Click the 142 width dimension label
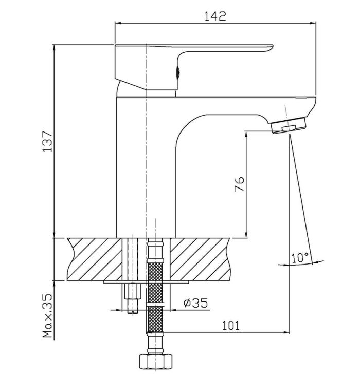(x=215, y=16)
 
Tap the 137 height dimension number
(x=47, y=142)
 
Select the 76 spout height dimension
(x=239, y=184)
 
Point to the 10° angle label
(x=300, y=257)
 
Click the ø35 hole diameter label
(x=195, y=303)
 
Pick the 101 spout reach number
(x=230, y=326)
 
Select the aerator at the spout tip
(x=289, y=125)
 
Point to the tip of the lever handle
(x=273, y=45)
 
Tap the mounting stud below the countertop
(x=132, y=298)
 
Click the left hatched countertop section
(x=95, y=259)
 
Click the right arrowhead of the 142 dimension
(x=313, y=23)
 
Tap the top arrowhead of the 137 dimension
(x=54, y=48)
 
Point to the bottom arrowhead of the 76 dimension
(x=246, y=235)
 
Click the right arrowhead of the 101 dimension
(x=286, y=332)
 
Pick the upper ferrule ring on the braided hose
(x=155, y=260)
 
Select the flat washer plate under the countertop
(x=146, y=282)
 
